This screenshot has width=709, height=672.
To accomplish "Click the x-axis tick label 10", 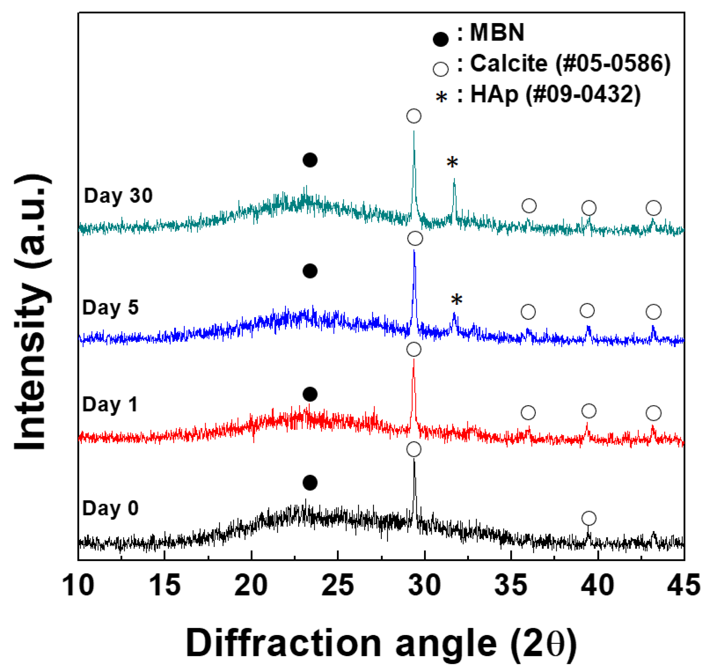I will point(78,585).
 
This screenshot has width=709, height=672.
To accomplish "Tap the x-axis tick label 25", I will point(338,585).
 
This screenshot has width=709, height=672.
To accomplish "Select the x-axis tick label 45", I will point(683,585).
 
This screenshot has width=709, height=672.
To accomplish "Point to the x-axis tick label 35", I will point(510,585).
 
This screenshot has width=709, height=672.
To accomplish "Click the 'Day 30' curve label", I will point(118,196).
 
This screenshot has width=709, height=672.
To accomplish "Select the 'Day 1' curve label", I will point(110,405).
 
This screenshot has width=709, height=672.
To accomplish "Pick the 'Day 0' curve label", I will point(110,508).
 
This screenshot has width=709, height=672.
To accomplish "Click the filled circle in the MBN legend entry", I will point(440,39).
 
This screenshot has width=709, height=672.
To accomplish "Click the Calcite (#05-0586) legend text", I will point(570,64).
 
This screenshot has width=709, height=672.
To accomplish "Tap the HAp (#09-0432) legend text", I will point(555,95).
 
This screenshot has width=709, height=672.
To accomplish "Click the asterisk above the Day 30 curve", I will point(452,162).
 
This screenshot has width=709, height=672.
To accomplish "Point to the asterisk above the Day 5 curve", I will point(457,300).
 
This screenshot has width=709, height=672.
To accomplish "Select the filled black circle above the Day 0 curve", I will point(310,483).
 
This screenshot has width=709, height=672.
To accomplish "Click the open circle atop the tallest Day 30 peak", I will point(414,116).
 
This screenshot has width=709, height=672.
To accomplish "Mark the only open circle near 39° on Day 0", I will point(589,518).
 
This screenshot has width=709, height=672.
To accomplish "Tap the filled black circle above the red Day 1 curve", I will point(310,394).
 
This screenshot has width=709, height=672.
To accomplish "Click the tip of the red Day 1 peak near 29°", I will point(414,359).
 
